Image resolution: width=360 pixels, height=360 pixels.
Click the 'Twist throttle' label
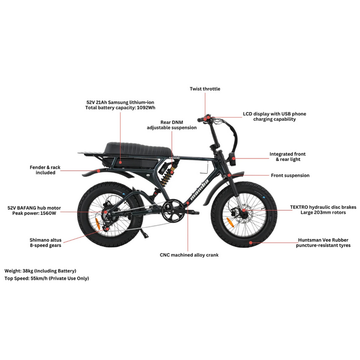tap(205, 89)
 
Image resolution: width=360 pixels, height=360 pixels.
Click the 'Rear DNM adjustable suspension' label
tap(172, 125)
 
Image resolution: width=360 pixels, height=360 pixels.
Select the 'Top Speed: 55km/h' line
tap(46, 278)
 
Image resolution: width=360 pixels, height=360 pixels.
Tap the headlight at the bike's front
tap(233, 159)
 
